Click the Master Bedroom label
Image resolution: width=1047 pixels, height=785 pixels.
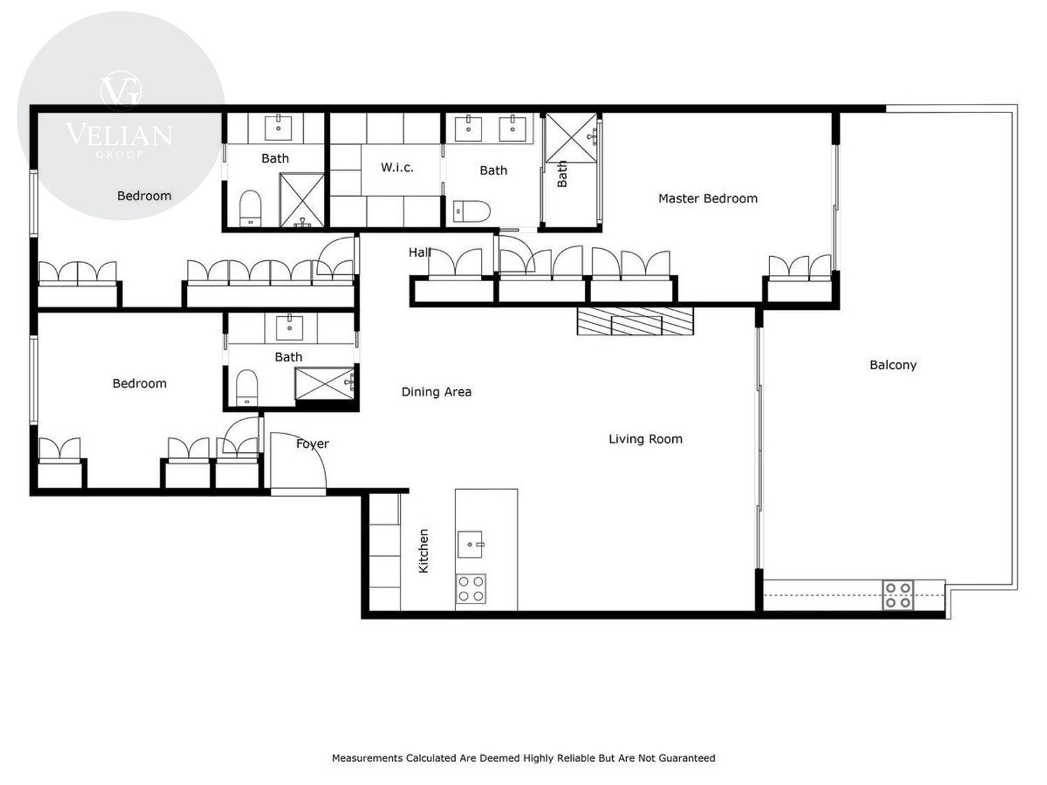pyautogui.click(x=707, y=198)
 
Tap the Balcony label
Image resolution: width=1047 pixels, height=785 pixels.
pyautogui.click(x=893, y=365)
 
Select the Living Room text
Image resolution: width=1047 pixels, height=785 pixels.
pyautogui.click(x=645, y=439)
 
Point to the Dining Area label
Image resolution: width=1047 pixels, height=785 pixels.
pyautogui.click(x=436, y=391)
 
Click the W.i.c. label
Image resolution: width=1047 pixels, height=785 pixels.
pyautogui.click(x=397, y=167)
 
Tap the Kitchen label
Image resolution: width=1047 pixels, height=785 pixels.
pyautogui.click(x=423, y=551)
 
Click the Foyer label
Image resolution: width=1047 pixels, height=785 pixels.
pyautogui.click(x=313, y=444)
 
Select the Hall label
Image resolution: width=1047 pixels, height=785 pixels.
pyautogui.click(x=419, y=252)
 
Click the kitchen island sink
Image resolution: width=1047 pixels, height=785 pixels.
pyautogui.click(x=470, y=544)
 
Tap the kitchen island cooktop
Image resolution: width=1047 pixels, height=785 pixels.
pyautogui.click(x=470, y=589)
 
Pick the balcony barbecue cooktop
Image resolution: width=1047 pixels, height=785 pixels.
pyautogui.click(x=898, y=595)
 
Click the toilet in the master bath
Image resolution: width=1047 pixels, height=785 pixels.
pyautogui.click(x=471, y=211)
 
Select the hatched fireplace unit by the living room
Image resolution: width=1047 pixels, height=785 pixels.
pyautogui.click(x=635, y=321)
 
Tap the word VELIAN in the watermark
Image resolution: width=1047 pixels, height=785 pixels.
pyautogui.click(x=119, y=135)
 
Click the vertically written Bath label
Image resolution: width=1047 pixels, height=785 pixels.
pyautogui.click(x=562, y=174)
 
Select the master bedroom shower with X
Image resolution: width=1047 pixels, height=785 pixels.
pyautogui.click(x=571, y=137)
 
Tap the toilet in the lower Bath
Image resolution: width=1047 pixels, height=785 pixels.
pyautogui.click(x=246, y=387)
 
